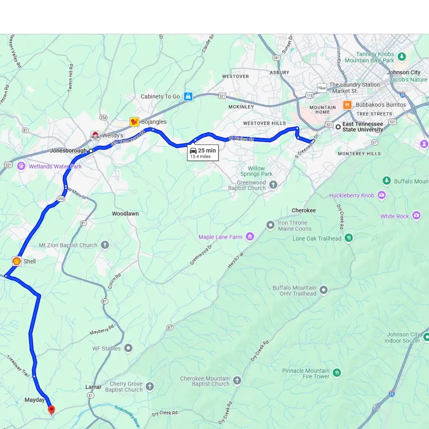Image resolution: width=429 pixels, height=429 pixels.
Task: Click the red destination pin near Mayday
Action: coord(51,410)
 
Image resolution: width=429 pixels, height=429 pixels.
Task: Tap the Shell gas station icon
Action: coord(16,261)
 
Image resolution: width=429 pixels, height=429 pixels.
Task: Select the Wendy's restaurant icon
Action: coord(95,135)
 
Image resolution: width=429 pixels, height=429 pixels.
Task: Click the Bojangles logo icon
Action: coord(134,122)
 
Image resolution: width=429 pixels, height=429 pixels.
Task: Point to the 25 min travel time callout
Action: coord(203,153)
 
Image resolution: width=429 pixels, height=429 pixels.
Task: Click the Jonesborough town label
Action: coord(68,150)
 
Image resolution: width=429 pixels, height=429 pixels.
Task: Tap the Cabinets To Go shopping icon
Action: coord(188,97)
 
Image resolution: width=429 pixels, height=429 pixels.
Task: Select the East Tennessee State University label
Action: coord(362,127)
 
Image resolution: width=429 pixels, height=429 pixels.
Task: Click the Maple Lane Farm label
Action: coord(220,237)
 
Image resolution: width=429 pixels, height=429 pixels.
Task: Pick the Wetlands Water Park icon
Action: coord(21,166)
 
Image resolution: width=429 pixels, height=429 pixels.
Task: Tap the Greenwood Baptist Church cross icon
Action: coord(273,185)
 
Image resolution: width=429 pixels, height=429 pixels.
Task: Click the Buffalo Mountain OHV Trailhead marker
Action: coord(324,290)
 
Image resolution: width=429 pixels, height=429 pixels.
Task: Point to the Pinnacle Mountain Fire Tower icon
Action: coord(337,373)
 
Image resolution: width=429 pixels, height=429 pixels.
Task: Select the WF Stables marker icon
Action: coord(129,349)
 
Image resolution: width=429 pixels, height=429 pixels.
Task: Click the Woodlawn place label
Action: coord(125,214)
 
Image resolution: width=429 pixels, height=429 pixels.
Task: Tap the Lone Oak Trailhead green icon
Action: coord(349,238)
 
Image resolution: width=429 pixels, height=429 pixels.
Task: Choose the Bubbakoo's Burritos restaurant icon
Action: coord(347,105)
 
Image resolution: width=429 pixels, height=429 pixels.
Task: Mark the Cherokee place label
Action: coord(304,210)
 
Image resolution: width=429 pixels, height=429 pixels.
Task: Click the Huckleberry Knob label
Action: coord(351,195)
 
